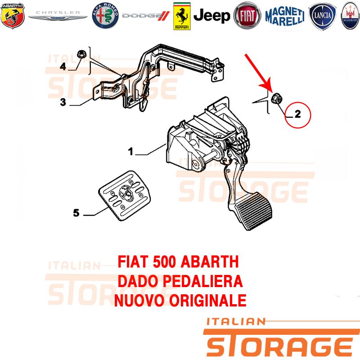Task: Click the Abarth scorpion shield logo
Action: click(13, 16)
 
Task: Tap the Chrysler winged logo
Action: click(58, 16)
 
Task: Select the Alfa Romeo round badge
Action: click(105, 16)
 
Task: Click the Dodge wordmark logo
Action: click(146, 16)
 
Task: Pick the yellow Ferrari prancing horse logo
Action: click(182, 16)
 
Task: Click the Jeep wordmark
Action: click(211, 16)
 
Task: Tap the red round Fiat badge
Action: click(247, 16)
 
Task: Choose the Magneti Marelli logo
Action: click(285, 16)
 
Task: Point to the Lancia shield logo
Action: click(322, 16)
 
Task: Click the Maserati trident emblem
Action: click(351, 16)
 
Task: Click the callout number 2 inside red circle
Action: click(297, 114)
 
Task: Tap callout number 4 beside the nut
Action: click(63, 66)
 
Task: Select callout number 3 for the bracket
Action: click(63, 102)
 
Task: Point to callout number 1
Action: click(130, 151)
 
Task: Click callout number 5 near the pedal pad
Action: click(76, 213)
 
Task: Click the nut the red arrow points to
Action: click(277, 98)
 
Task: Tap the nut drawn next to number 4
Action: click(81, 54)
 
